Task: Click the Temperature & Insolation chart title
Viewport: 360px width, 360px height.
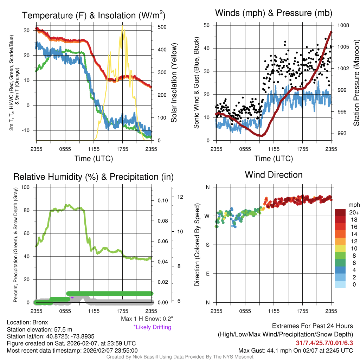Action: click(x=94, y=15)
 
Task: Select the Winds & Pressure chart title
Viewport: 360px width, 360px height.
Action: click(x=274, y=13)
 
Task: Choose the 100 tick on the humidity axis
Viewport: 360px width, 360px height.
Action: click(x=26, y=187)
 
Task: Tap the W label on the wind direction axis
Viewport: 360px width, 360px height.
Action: click(x=207, y=216)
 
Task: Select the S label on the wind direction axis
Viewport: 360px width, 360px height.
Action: click(x=208, y=245)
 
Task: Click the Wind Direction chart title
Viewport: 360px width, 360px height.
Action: click(x=274, y=175)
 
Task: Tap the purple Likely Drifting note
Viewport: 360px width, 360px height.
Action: click(x=152, y=327)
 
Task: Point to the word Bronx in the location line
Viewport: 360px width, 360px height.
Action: click(x=40, y=322)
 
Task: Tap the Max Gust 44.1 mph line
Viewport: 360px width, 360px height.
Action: click(x=296, y=350)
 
